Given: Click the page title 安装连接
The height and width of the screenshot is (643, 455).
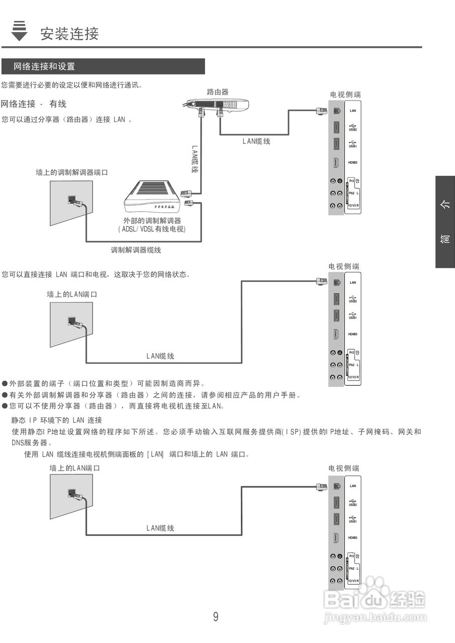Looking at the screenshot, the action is (x=70, y=34).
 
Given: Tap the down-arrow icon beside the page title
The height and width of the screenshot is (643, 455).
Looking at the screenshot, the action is (x=19, y=31).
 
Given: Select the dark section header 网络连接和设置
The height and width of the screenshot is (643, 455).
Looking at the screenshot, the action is (x=44, y=66).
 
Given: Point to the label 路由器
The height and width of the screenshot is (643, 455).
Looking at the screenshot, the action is (x=218, y=92).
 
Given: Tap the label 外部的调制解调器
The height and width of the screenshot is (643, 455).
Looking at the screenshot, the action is (x=152, y=221).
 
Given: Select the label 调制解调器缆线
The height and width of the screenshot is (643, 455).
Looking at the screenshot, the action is (x=136, y=250).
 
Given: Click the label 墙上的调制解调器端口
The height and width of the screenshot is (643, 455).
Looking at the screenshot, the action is (x=72, y=172).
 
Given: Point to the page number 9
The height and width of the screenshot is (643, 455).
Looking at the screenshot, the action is (x=216, y=617).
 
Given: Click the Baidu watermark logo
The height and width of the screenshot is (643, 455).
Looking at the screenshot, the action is (x=375, y=600).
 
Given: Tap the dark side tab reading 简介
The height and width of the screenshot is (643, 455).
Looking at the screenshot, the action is (x=445, y=222).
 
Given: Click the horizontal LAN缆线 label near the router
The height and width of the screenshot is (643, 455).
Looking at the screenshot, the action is (x=256, y=142).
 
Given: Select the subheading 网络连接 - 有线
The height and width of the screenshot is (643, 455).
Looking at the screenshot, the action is (x=34, y=104).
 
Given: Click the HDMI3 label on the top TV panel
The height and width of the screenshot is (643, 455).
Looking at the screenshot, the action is (x=352, y=163).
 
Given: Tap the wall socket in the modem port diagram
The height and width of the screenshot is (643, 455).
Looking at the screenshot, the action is (x=72, y=200).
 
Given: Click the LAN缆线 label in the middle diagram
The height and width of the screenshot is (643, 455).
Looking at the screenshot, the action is (x=160, y=356).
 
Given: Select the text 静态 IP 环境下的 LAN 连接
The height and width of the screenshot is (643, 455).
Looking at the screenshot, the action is (x=57, y=420).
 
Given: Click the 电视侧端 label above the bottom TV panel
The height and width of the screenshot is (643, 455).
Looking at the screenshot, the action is (x=344, y=468).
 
